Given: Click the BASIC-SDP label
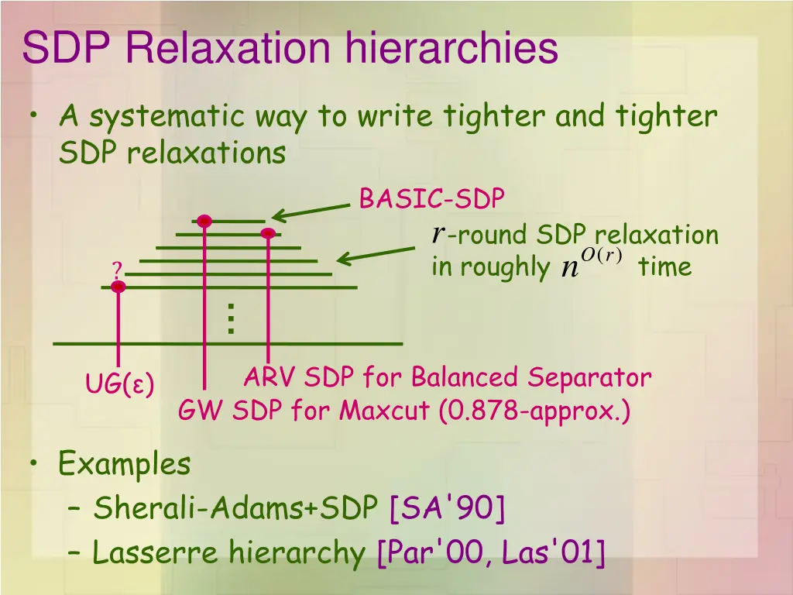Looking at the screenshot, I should pyautogui.click(x=431, y=199).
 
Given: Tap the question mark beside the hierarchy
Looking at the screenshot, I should pyautogui.click(x=117, y=271).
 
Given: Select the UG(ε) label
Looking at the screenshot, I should pyautogui.click(x=119, y=383).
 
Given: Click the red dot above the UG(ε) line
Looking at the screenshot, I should pyautogui.click(x=118, y=287).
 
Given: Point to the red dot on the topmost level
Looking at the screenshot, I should pyautogui.click(x=204, y=222).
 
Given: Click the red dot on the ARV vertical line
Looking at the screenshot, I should pyautogui.click(x=268, y=233).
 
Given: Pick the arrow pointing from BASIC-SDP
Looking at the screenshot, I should pyautogui.click(x=311, y=212).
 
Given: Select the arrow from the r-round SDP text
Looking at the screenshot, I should pyautogui.click(x=376, y=256).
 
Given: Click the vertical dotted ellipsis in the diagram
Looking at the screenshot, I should pyautogui.click(x=230, y=318).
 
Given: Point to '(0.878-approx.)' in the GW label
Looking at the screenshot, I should pyautogui.click(x=534, y=411).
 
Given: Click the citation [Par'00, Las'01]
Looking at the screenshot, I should pyautogui.click(x=490, y=553).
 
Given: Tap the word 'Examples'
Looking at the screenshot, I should pyautogui.click(x=124, y=465).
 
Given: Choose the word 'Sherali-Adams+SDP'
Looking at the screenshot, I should pyautogui.click(x=237, y=509).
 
